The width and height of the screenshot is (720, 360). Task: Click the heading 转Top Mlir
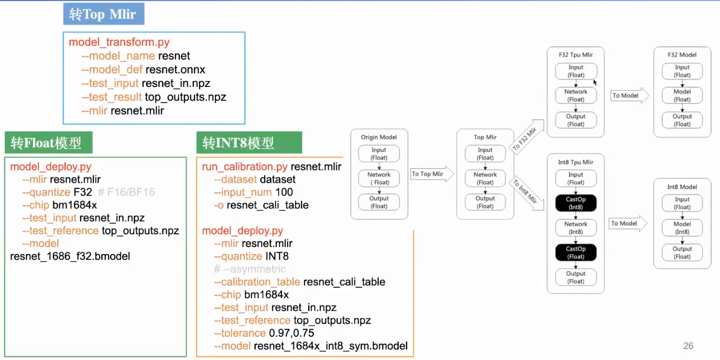103,15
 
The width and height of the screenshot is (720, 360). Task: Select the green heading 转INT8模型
238,143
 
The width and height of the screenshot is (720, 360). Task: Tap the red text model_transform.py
119,42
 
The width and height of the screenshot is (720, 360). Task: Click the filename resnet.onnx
175,70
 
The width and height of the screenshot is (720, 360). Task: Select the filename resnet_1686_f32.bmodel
70,257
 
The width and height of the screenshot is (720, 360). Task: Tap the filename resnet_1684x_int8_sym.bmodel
331,346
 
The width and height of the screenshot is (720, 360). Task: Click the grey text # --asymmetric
250,269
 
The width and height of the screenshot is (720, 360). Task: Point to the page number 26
688,346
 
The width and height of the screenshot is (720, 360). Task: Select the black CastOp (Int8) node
575,203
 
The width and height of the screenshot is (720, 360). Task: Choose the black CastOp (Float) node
575,253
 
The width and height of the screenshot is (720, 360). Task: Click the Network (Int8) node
575,228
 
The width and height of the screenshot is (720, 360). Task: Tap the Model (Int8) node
682,228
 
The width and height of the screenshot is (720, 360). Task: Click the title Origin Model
378,137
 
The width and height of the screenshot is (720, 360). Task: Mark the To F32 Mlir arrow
525,137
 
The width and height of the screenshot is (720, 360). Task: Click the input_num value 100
283,192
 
